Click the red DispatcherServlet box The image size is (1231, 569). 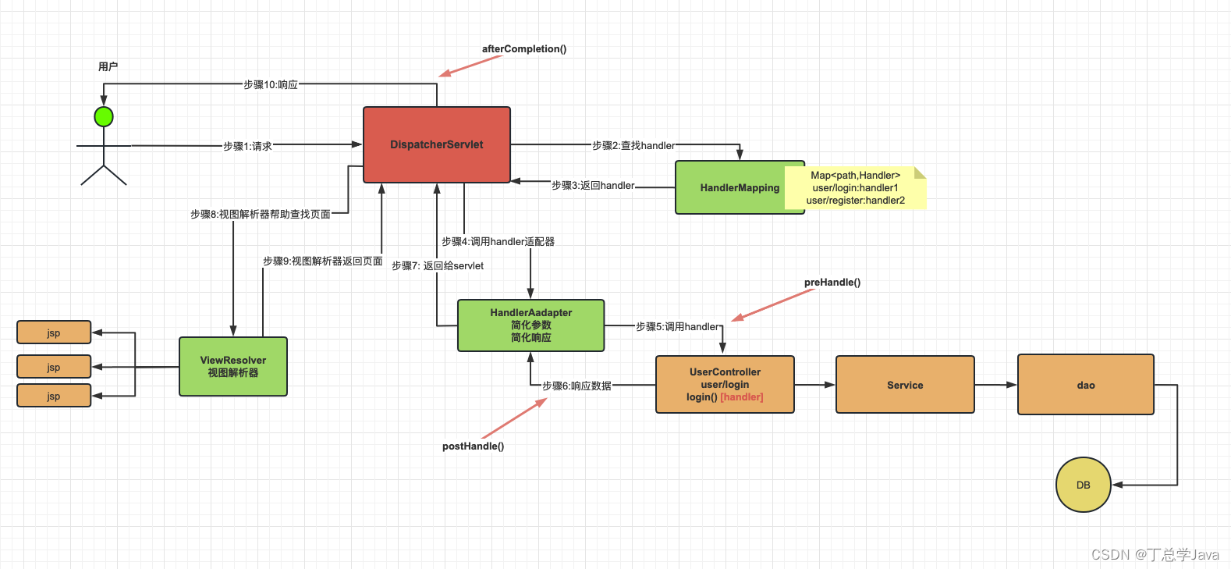(437, 145)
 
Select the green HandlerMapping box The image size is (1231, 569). (730, 188)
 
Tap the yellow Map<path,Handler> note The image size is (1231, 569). (856, 188)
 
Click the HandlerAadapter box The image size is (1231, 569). (530, 325)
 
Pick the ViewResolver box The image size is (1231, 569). (233, 367)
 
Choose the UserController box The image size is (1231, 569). (725, 384)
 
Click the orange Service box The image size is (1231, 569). (905, 385)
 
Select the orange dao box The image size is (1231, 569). (1085, 385)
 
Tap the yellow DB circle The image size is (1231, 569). (1083, 485)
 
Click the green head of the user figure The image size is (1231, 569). (104, 117)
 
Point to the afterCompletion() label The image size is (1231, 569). (524, 49)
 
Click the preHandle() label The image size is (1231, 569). (832, 283)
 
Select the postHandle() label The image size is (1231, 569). (473, 446)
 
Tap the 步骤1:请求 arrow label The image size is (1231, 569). (247, 146)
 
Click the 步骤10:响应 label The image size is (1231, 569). (271, 84)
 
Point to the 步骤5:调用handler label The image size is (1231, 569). (677, 326)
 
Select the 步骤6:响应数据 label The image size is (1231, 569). (576, 386)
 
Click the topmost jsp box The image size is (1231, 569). (54, 333)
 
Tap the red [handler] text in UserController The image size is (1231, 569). (741, 397)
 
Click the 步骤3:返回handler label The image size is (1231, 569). (593, 186)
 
